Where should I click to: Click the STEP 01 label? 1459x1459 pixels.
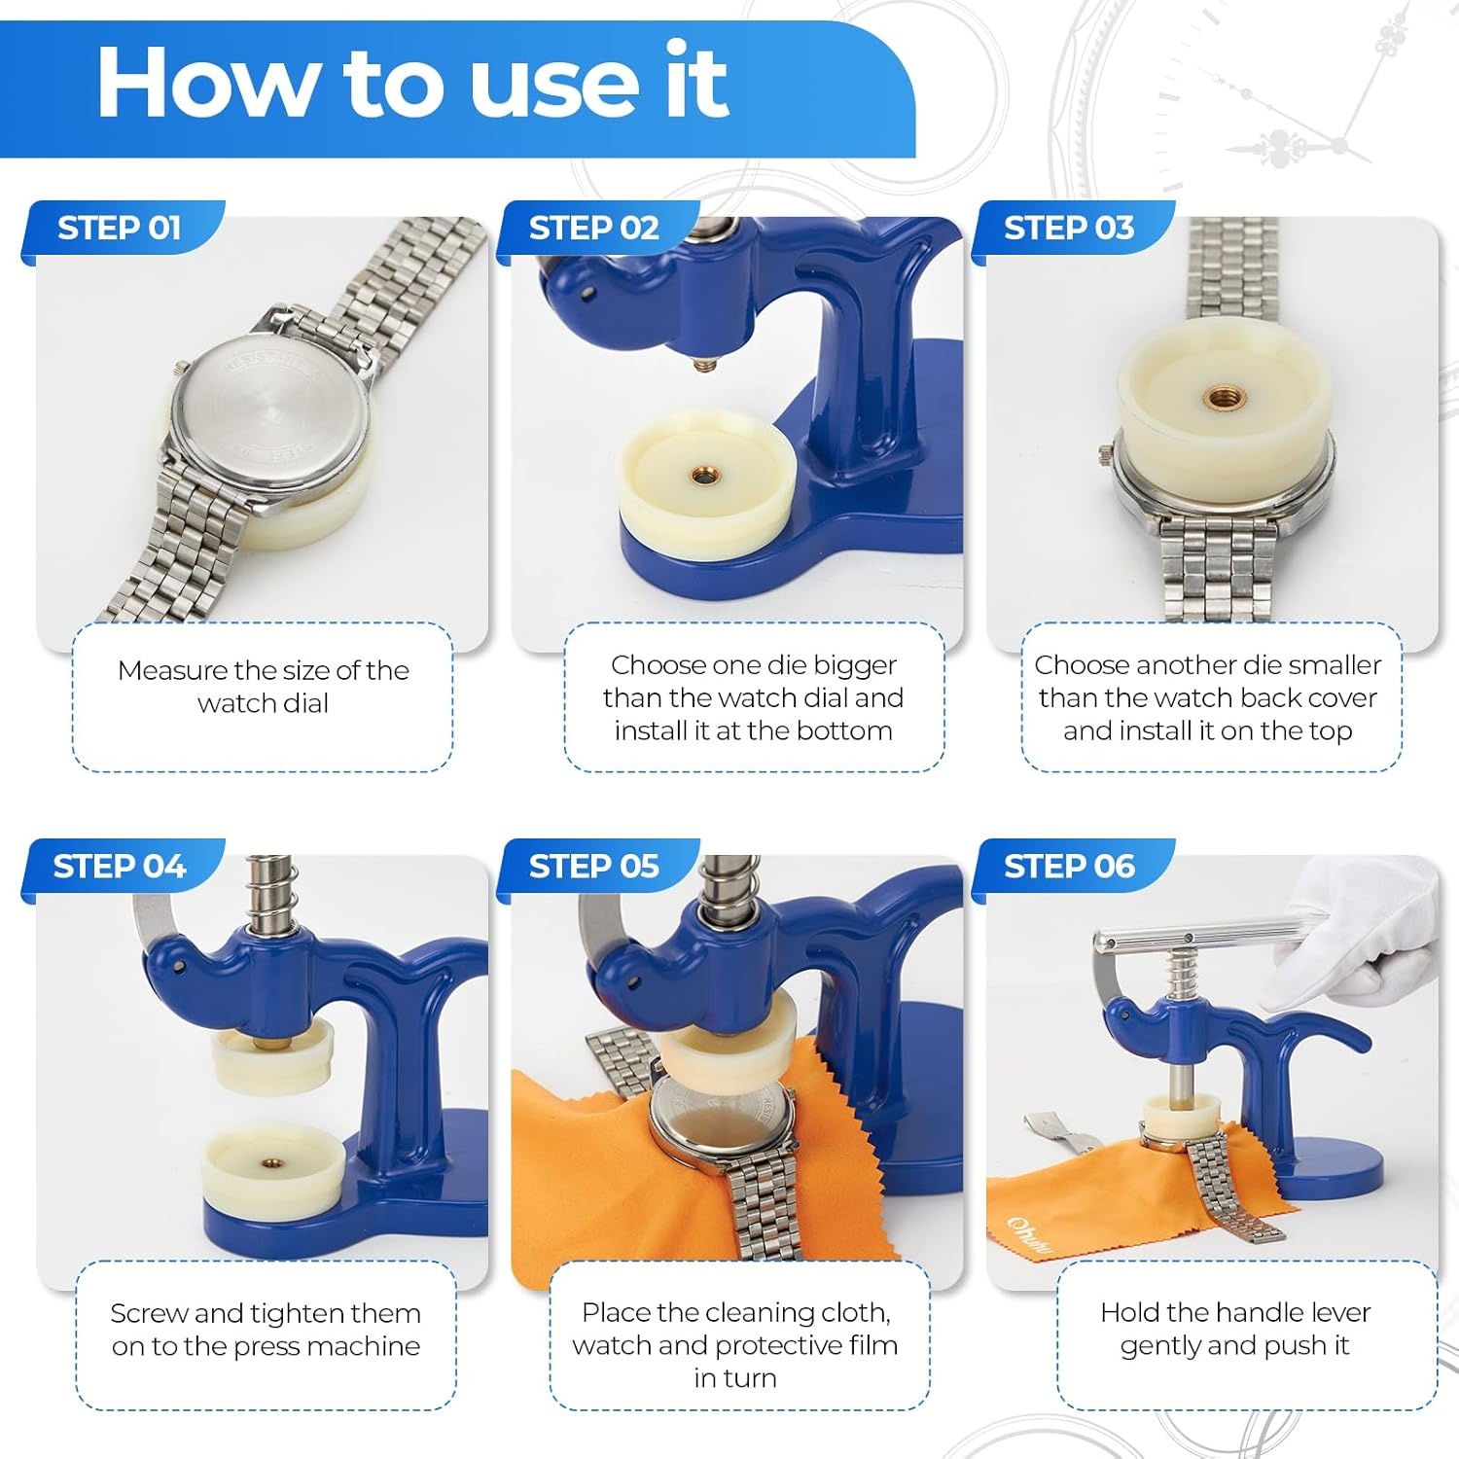tap(119, 228)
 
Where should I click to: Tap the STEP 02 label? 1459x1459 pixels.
tap(593, 228)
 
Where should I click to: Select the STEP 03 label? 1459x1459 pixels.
tap(1068, 228)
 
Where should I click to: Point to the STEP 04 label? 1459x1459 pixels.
tap(119, 866)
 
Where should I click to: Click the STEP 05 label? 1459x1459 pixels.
tap(593, 866)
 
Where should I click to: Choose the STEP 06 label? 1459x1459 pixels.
tap(1068, 866)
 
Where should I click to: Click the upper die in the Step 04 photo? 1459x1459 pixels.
tap(272, 1056)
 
